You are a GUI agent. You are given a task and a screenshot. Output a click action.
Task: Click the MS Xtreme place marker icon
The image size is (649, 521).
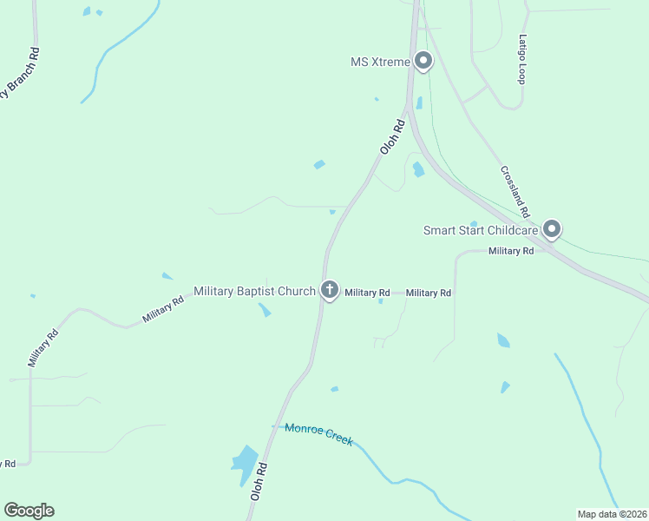coord(423,61)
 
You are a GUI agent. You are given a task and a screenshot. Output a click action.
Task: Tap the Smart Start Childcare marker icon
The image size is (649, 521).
coord(552,229)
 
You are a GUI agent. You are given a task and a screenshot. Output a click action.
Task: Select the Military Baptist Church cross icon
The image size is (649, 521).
coord(329,290)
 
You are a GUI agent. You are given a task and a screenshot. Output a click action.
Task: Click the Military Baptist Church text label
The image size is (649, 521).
coord(254,291)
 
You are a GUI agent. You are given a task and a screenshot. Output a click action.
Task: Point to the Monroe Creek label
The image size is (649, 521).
coord(318,433)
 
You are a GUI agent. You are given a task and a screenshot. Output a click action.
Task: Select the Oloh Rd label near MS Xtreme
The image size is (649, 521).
coord(394,137)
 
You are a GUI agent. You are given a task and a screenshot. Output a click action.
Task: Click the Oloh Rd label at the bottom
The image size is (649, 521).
coord(258,480)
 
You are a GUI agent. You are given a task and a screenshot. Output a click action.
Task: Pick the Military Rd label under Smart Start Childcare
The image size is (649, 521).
coord(510,251)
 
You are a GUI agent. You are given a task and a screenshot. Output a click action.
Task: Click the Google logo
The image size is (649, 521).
coord(29,511)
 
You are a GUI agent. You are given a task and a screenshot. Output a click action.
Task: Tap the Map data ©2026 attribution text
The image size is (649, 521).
coord(612,514)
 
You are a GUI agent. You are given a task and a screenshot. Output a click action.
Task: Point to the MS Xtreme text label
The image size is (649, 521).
coord(379,62)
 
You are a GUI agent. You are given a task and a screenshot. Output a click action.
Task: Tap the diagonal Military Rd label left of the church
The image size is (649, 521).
coord(163,310)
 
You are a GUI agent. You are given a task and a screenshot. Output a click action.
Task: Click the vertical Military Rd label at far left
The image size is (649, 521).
coord(42,347)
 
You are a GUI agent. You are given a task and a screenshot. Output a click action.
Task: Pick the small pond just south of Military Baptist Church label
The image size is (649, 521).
coord(264,309)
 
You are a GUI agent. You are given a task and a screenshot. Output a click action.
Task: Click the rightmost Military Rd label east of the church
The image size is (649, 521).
coord(429,293)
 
